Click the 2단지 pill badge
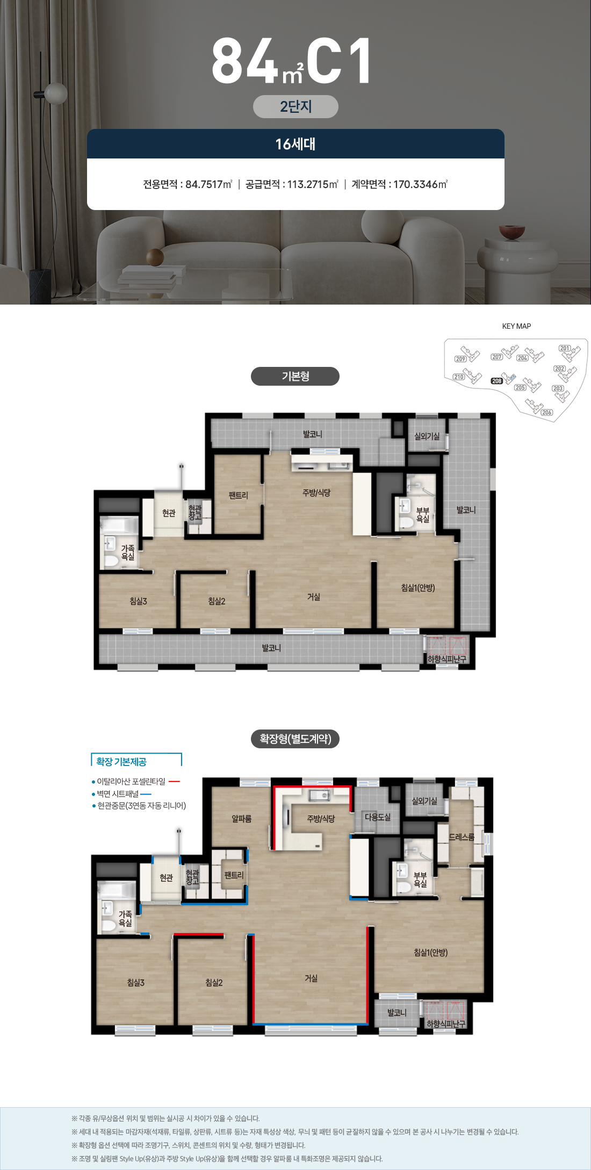(295, 106)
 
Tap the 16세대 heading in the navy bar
(295, 144)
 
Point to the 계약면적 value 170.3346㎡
(421, 184)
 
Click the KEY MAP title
(516, 326)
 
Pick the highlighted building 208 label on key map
(497, 381)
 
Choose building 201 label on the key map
(565, 348)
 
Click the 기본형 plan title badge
(295, 376)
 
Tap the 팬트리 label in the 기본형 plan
(238, 495)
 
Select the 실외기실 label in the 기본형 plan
(427, 436)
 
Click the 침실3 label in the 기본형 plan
(138, 601)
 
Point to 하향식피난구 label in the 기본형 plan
(447, 659)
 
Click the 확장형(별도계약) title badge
(295, 739)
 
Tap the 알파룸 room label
(241, 819)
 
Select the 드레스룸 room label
(462, 837)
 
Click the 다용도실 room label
(378, 817)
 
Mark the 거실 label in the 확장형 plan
(311, 978)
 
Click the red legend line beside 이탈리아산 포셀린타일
(174, 782)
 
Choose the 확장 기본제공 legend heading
(121, 762)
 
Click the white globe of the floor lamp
(56, 93)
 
